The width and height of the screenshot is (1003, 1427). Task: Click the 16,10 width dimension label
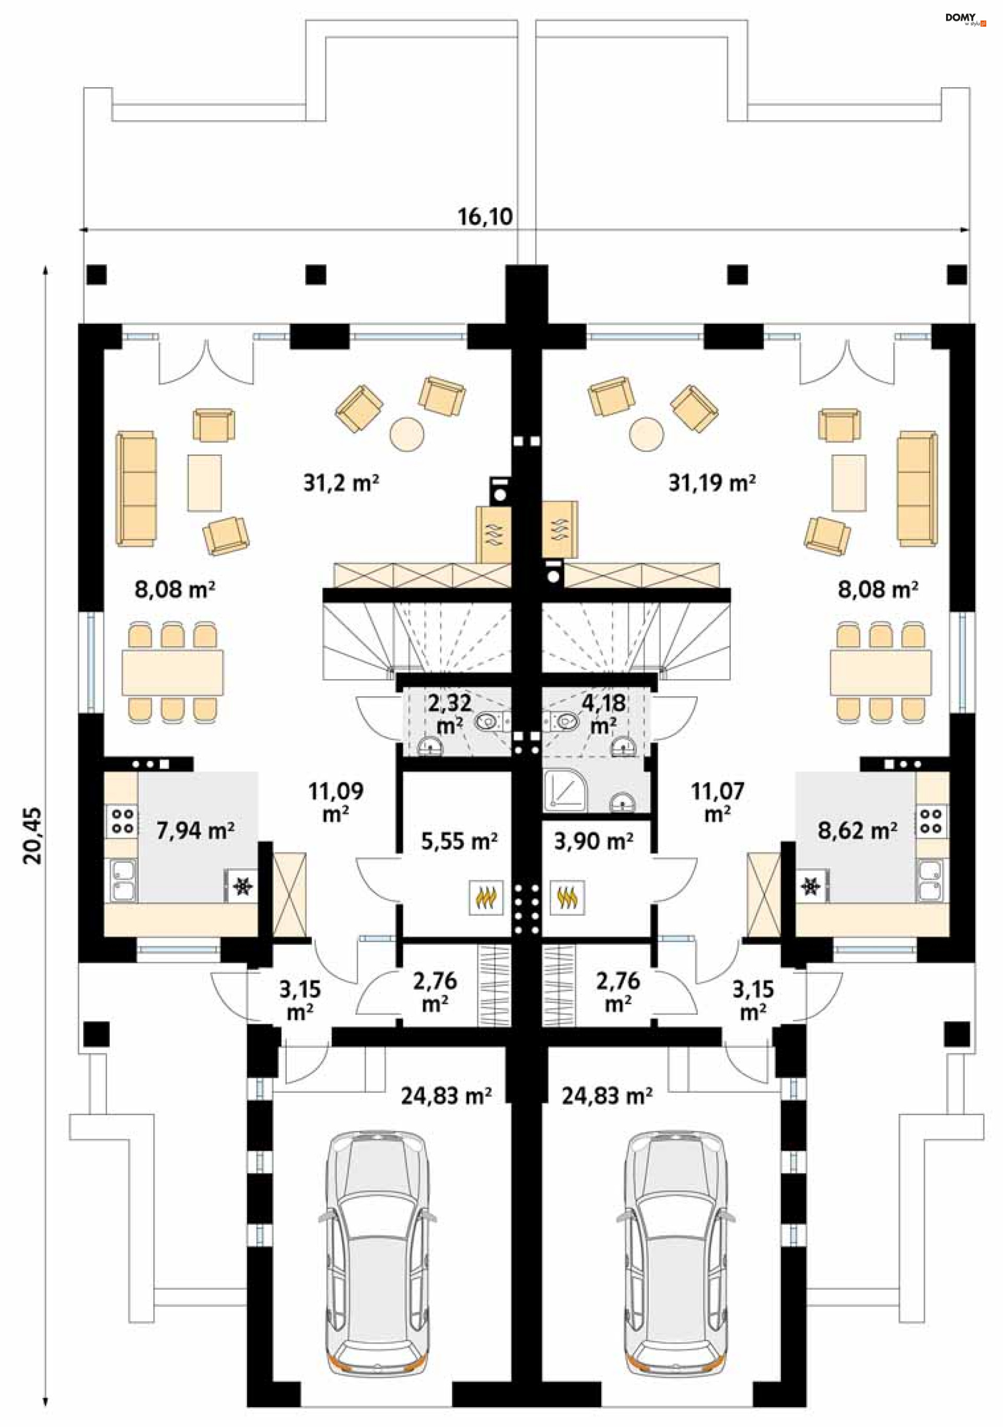point(485,216)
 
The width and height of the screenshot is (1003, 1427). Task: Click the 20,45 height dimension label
point(32,835)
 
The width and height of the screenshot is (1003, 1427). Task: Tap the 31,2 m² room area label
point(341,482)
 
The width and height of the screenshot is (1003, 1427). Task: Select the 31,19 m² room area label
point(712,482)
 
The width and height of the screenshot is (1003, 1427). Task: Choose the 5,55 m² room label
point(459,841)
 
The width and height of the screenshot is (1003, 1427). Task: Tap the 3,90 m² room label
point(593,841)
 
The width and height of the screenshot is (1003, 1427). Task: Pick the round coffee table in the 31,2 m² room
point(407,432)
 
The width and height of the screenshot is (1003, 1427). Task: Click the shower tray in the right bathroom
point(564,791)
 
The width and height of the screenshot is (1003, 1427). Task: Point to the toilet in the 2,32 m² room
point(491,721)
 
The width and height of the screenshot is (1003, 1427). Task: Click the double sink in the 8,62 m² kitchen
point(931,880)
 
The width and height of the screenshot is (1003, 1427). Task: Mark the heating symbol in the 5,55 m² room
point(485,897)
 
